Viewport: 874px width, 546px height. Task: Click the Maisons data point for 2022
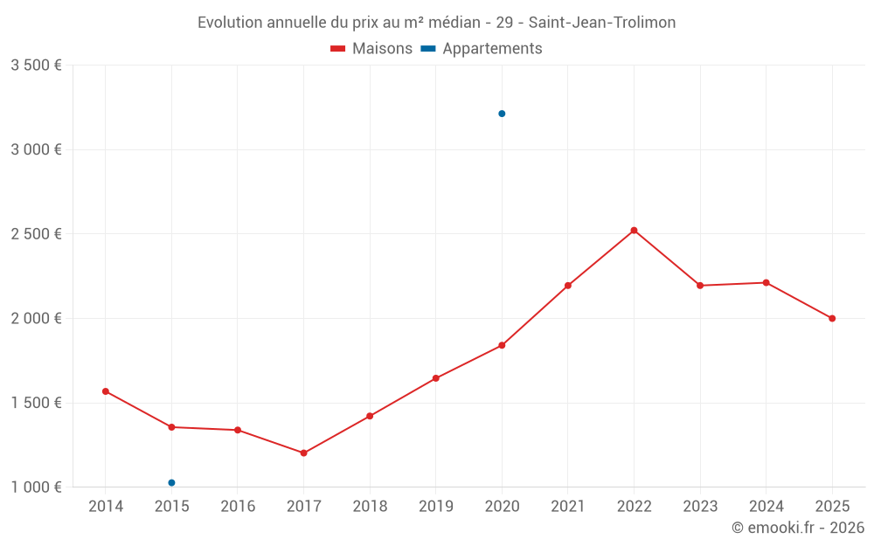point(634,231)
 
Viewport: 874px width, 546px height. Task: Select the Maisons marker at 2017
point(303,453)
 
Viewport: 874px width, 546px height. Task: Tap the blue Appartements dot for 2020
point(502,114)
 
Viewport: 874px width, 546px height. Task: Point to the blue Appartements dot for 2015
point(171,483)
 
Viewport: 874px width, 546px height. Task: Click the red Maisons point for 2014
point(106,391)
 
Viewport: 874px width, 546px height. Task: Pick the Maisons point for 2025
point(832,319)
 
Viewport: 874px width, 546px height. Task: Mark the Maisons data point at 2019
point(435,378)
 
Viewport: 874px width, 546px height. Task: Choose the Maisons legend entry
point(371,49)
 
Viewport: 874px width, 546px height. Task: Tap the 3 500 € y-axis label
point(36,66)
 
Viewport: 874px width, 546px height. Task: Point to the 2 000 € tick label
point(36,319)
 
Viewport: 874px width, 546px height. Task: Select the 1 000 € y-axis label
point(36,487)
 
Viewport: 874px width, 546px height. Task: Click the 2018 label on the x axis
point(370,507)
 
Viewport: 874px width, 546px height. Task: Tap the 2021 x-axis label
point(568,507)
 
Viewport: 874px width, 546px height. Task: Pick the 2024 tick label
point(766,507)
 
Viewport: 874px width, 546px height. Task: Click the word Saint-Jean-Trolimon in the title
point(602,23)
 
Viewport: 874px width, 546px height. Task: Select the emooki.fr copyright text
point(797,528)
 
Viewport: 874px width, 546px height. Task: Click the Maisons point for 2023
point(700,286)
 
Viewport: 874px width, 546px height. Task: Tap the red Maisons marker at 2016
point(238,430)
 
